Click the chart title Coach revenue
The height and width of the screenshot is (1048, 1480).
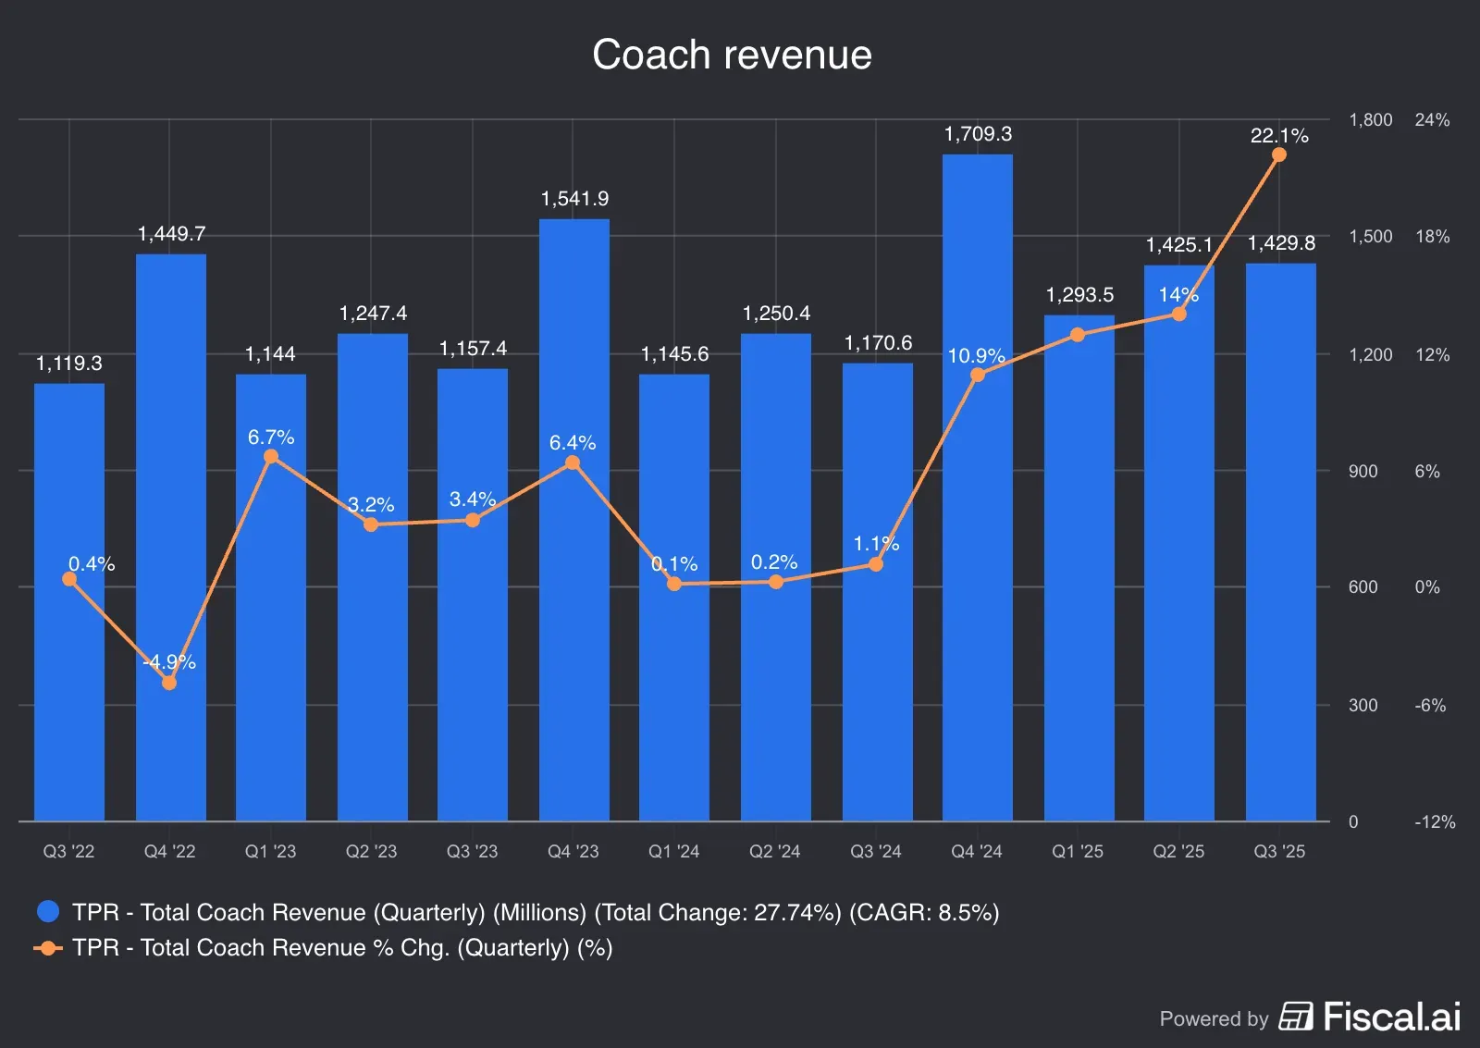732,55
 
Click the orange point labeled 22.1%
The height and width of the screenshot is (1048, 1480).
1279,154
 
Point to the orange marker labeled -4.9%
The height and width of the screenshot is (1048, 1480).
169,683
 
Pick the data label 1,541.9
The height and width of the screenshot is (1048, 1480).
574,199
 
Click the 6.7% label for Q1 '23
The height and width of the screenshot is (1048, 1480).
271,437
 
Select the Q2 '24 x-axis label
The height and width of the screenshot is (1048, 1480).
774,851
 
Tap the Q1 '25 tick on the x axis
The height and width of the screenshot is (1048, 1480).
1078,851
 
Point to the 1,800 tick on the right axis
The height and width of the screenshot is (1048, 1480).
1370,120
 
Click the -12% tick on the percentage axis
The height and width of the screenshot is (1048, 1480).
1434,821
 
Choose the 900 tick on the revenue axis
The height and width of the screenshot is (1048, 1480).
1363,472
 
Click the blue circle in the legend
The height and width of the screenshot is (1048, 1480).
48,912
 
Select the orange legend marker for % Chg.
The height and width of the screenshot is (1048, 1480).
48,948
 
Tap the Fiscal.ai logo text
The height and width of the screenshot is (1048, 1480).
1391,1017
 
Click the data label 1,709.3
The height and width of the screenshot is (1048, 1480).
978,134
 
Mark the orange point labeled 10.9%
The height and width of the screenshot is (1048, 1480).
978,375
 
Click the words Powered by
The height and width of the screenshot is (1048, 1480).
1214,1018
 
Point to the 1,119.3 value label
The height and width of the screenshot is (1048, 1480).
69,364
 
